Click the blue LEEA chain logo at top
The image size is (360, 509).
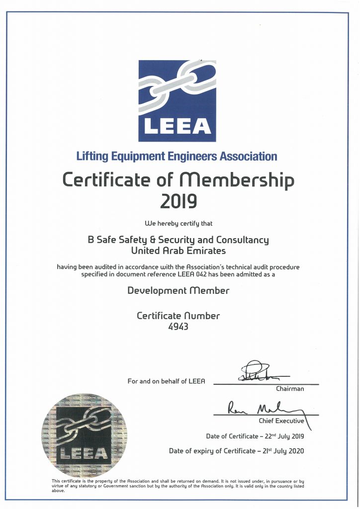click(177, 101)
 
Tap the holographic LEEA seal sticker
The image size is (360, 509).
click(83, 435)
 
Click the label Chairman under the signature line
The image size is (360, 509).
click(290, 389)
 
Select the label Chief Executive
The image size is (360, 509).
click(281, 421)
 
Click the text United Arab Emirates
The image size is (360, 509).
click(178, 251)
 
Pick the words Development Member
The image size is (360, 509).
click(178, 290)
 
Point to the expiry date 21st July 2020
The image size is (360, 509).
click(279, 451)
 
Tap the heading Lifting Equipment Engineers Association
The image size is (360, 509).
click(177, 157)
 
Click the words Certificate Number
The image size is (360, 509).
click(178, 316)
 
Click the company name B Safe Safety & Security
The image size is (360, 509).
click(149, 240)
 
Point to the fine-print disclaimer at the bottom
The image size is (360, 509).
click(178, 486)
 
